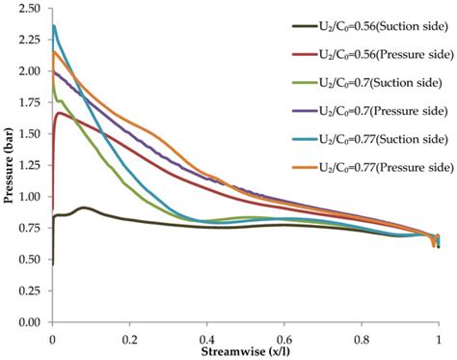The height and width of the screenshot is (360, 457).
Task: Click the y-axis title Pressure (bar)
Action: (8, 163)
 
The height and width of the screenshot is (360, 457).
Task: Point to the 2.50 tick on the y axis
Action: (33, 9)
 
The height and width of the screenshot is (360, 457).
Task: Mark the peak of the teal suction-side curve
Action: (54, 26)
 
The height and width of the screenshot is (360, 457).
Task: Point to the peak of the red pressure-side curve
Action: (60, 113)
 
